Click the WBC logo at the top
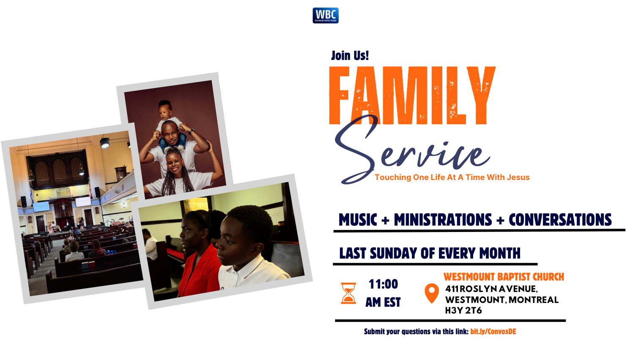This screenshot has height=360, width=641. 326,16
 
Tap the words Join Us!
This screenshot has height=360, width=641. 350,55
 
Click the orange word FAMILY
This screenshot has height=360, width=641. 412,95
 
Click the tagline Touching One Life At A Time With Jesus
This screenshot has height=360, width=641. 452,177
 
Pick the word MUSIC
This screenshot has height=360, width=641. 358,220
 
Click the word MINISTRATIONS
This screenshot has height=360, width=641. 443,220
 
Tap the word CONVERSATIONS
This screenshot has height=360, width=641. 560,220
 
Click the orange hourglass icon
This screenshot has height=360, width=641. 348,293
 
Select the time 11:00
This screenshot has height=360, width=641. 383,284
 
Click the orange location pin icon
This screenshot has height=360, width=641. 432,293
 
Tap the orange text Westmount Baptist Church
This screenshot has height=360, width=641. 504,277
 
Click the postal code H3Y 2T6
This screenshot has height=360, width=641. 463,311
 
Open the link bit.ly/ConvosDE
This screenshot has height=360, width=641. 493,332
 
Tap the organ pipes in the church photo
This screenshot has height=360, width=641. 59,171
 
